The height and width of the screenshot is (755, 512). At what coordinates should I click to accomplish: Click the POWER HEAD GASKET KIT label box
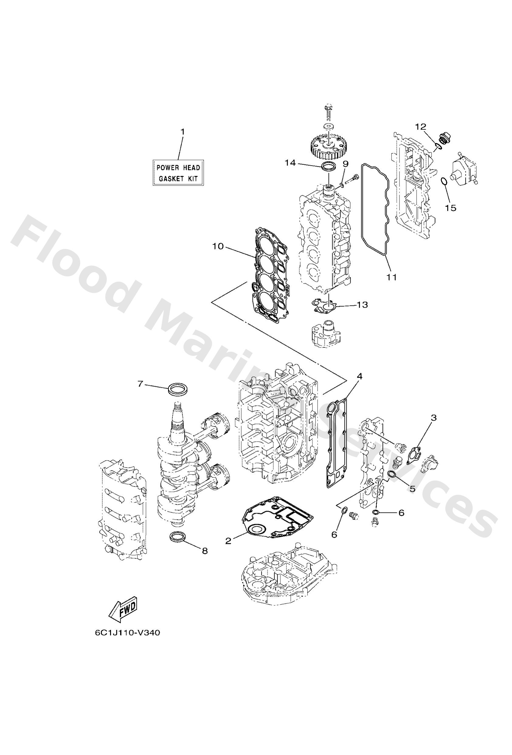178,173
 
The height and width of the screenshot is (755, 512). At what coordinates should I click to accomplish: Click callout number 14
290,163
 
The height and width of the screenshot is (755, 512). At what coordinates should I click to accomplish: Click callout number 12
421,127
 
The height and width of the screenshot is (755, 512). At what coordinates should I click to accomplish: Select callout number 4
359,376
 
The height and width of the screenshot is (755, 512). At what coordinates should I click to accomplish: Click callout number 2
228,540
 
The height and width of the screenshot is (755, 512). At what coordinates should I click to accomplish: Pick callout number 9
345,164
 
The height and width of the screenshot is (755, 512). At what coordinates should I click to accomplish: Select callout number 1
182,132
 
